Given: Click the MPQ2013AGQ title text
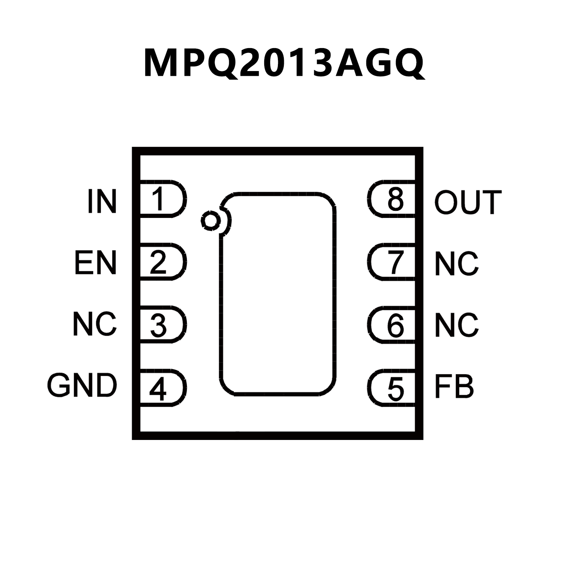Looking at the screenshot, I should pos(284,63).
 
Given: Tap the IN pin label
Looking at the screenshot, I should pos(102,201).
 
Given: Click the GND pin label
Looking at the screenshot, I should pos(82,385).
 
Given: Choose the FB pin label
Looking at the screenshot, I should pos(454,387).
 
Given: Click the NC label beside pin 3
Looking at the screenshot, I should pos(95,324).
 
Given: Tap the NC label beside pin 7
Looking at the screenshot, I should pos(457,263).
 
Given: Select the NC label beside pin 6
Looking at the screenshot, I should pos(457,325).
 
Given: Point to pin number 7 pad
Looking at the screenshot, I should pos(393,262).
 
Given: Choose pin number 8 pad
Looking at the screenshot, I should pos(393,199).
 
